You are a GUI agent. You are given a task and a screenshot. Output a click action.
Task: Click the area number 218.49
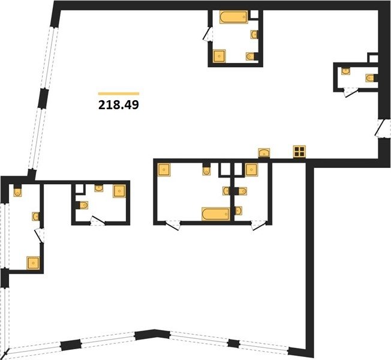pos(119,105)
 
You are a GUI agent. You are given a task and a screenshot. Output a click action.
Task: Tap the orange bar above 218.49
pos(119,94)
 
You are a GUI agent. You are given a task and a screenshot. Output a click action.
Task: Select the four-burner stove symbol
pos(299,152)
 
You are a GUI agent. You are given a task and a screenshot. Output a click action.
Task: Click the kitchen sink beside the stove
pos(264,153)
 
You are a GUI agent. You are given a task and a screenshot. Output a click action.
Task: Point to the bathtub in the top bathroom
pos(234,17)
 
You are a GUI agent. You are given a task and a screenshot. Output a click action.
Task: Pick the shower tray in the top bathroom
pos(219,56)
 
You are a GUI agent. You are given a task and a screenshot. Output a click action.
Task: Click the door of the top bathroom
pos(207,34)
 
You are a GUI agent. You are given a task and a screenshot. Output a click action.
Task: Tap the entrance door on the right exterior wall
pos(380,128)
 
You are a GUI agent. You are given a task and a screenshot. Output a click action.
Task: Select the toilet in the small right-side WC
pos(371,78)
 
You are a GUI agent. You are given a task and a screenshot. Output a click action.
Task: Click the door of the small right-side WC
pos(351,93)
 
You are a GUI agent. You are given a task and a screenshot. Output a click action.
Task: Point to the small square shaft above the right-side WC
pos(373,58)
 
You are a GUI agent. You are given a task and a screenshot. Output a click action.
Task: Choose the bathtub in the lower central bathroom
pos(216,214)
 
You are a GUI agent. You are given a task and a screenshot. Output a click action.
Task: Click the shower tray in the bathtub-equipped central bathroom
pos(164,170)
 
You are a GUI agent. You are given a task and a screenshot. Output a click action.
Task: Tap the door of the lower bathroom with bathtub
pos(173,225)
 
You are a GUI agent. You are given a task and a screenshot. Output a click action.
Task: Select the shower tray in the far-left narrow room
pos(33,263)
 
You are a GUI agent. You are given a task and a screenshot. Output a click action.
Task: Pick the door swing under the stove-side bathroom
pos(258,225)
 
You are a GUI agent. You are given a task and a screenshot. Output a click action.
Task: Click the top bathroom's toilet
pos(251,56)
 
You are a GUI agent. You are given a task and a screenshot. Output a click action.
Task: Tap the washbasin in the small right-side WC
pos(345,71)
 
